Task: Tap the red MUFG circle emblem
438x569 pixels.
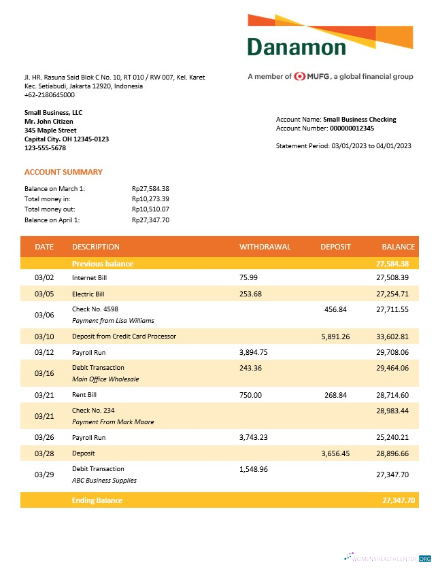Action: coord(300,77)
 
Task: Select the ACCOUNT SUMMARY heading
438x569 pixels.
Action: coord(63,172)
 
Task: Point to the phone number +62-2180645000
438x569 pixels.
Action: coord(50,95)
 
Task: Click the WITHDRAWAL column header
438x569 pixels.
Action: coord(265,247)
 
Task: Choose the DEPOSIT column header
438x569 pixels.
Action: coord(335,247)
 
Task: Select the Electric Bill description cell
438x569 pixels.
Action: coord(88,294)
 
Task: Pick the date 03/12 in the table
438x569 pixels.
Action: coord(44,353)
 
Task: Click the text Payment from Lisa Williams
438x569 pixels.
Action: coord(113,320)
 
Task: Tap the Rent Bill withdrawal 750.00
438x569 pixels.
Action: coord(250,395)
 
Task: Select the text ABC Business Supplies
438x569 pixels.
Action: coord(104,480)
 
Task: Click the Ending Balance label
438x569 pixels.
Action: coord(97,500)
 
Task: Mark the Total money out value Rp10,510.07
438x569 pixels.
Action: coord(150,209)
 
